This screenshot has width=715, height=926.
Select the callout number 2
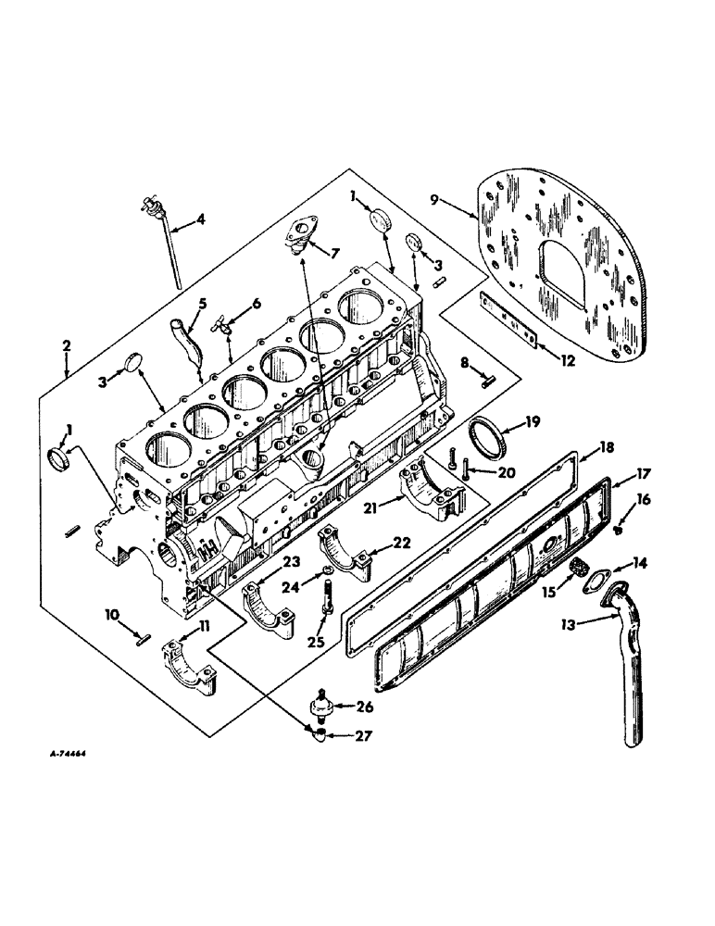pos(67,345)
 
